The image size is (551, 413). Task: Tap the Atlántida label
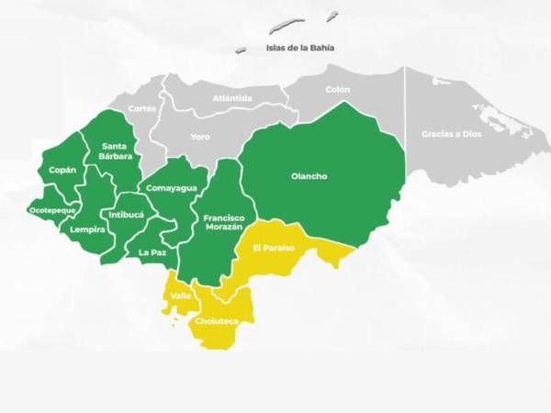pyautogui.click(x=231, y=97)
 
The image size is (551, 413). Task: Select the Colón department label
pyautogui.click(x=338, y=90)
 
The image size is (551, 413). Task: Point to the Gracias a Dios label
pyautogui.click(x=451, y=133)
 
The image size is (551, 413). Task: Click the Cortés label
pyautogui.click(x=142, y=107)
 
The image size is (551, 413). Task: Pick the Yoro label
pyautogui.click(x=199, y=136)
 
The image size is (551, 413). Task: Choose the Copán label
pyautogui.click(x=62, y=171)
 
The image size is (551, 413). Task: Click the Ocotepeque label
pyautogui.click(x=50, y=210)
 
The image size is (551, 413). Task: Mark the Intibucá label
pyautogui.click(x=126, y=215)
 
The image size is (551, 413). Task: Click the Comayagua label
pyautogui.click(x=172, y=187)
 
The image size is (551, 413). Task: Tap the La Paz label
pyautogui.click(x=152, y=251)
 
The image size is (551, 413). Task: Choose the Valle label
pyautogui.click(x=180, y=296)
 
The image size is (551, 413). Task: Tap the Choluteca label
pyautogui.click(x=218, y=320)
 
